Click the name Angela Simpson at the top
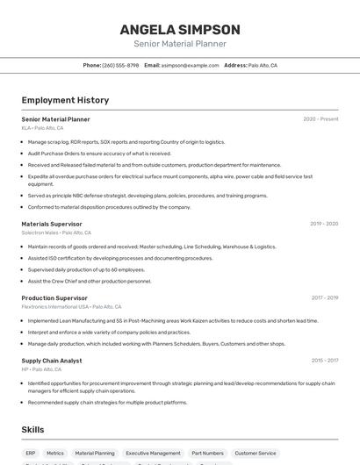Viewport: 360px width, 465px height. click(180, 29)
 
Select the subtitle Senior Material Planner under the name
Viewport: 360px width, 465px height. click(180, 44)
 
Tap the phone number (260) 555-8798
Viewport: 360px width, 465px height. click(120, 66)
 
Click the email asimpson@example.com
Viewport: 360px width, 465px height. click(191, 66)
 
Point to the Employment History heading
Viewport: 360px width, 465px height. click(65, 100)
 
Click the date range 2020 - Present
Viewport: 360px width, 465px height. click(320, 119)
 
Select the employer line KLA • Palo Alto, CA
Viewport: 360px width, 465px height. click(42, 128)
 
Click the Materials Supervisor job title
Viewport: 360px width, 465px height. click(52, 224)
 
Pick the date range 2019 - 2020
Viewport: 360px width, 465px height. click(324, 224)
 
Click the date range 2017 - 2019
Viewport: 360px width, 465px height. click(324, 298)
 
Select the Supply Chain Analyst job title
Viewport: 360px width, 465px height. click(52, 361)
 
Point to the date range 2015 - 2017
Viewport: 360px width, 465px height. click(324, 361)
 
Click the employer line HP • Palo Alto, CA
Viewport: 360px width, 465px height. click(41, 369)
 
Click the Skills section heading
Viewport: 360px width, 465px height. click(33, 430)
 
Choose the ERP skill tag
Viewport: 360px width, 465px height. click(31, 454)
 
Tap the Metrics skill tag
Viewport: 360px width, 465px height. click(55, 454)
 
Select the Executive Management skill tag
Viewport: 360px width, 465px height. click(153, 454)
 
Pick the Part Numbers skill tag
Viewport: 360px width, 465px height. click(207, 454)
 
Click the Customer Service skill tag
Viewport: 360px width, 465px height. click(256, 454)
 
